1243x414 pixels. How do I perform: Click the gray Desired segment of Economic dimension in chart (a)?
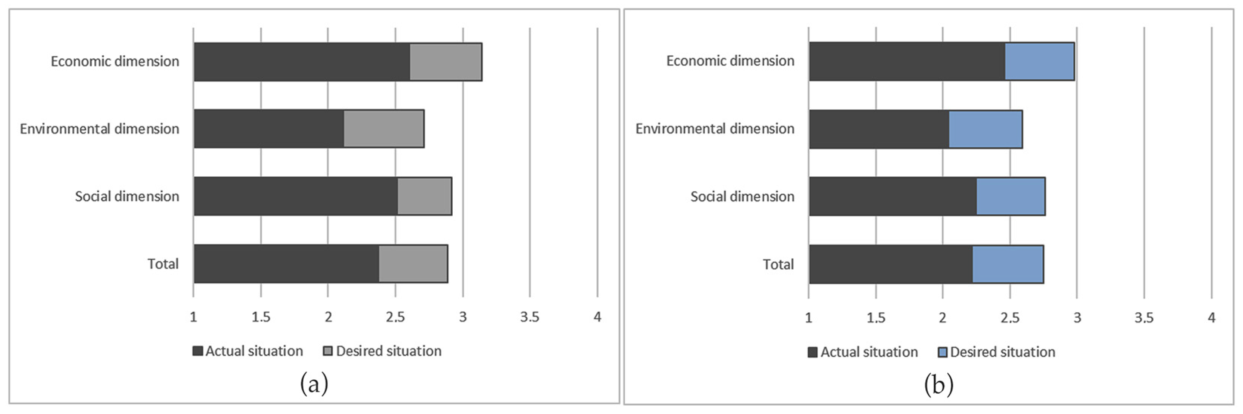[x=446, y=62]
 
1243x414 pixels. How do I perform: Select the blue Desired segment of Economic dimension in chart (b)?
[x=1039, y=61]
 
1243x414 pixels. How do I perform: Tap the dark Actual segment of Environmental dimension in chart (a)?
[x=269, y=129]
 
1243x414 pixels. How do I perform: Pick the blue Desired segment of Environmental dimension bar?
[x=985, y=129]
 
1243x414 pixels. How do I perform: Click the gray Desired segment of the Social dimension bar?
[x=424, y=196]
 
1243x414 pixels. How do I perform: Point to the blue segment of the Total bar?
[x=1008, y=264]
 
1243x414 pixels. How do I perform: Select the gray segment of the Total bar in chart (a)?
[x=413, y=264]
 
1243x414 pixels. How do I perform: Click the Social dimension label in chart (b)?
[x=742, y=197]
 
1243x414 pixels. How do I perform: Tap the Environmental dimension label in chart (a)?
[x=99, y=129]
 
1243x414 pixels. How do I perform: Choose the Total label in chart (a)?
[x=163, y=264]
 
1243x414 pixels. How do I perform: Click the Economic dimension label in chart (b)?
[x=730, y=61]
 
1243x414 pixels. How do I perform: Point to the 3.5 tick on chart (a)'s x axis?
[x=529, y=317]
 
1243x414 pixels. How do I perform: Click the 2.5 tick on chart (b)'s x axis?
[x=1010, y=318]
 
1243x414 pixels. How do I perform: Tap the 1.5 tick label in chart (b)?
[x=875, y=318]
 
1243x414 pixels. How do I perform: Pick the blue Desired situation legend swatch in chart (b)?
[x=942, y=352]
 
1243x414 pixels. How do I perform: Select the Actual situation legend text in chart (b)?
[x=869, y=352]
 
